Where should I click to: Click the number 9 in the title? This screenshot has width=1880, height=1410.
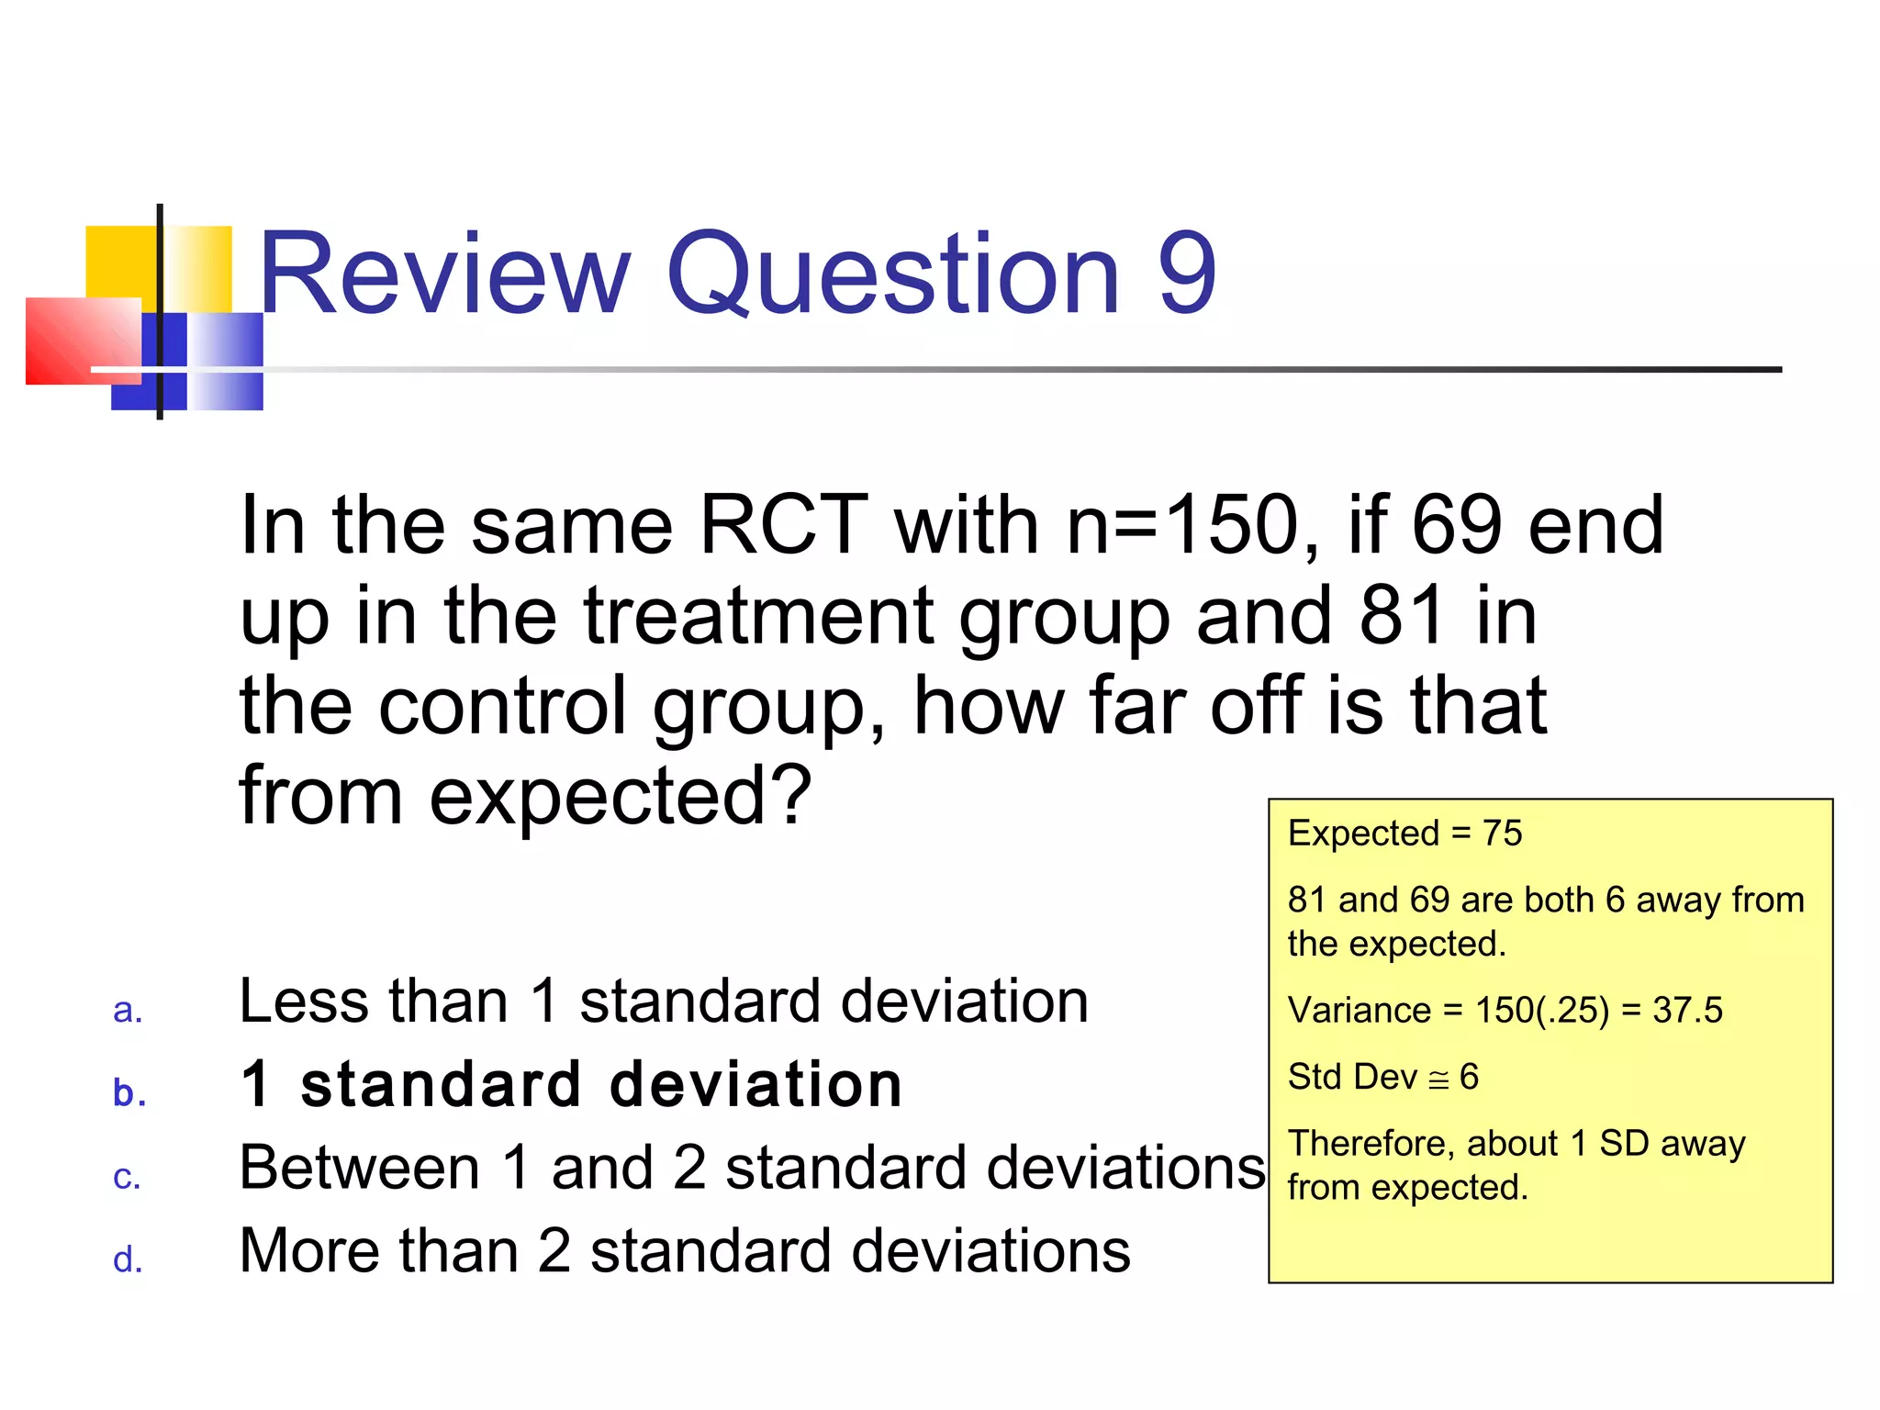1187,274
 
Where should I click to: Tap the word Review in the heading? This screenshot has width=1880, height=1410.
444,274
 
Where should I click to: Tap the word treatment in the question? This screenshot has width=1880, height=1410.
758,617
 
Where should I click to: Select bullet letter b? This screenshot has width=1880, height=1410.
129,1092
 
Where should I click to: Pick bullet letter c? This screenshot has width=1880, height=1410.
127,1178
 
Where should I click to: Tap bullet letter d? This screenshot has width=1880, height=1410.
128,1259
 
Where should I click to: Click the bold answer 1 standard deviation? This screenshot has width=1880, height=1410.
571,1085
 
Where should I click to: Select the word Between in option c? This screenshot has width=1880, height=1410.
359,1168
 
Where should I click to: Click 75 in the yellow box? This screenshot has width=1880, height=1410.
1502,834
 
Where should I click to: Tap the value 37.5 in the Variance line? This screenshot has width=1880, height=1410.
1687,1011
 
